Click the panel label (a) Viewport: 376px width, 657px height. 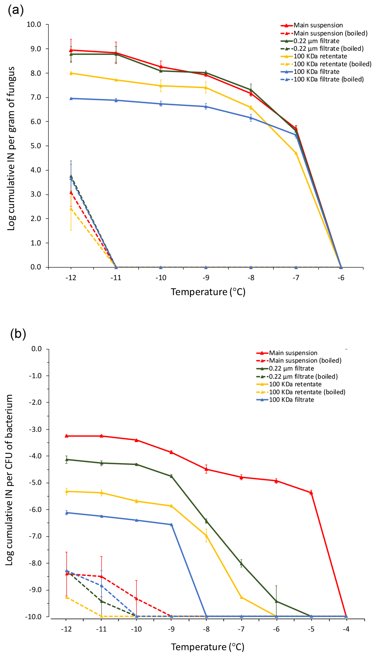[x=16, y=10]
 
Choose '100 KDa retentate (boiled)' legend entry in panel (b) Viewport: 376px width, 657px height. [x=307, y=392]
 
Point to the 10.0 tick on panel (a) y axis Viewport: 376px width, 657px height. [x=34, y=25]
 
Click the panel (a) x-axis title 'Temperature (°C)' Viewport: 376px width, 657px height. [x=208, y=292]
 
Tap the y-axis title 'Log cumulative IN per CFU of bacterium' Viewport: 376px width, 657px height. [x=9, y=480]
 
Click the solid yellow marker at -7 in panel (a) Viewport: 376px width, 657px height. [x=296, y=153]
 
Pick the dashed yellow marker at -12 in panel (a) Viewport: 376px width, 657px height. [x=71, y=209]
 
